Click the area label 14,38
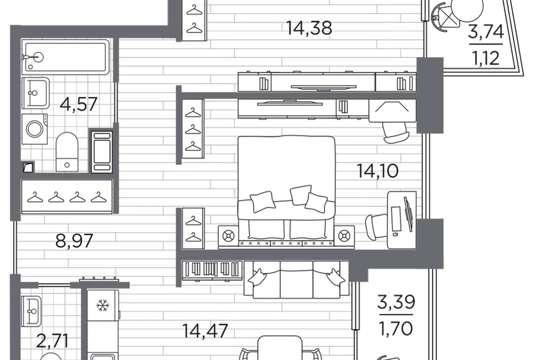pos(309,28)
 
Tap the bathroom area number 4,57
pos(79,104)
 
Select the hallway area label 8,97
pos(74,241)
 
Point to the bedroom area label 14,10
pos(378,171)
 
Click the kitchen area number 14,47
pos(205,331)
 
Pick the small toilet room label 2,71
pos(52,341)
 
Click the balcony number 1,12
pos(486,58)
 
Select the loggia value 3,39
pos(396,303)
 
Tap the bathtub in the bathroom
pos(65,56)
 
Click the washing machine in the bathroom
pos(35,129)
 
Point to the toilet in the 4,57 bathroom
pos(67,152)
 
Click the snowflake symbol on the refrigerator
pos(102,305)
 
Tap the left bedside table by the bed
pos(228,236)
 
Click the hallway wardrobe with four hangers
pos(67,197)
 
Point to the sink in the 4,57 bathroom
pos(35,93)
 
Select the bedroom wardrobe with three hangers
pos(192,129)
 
